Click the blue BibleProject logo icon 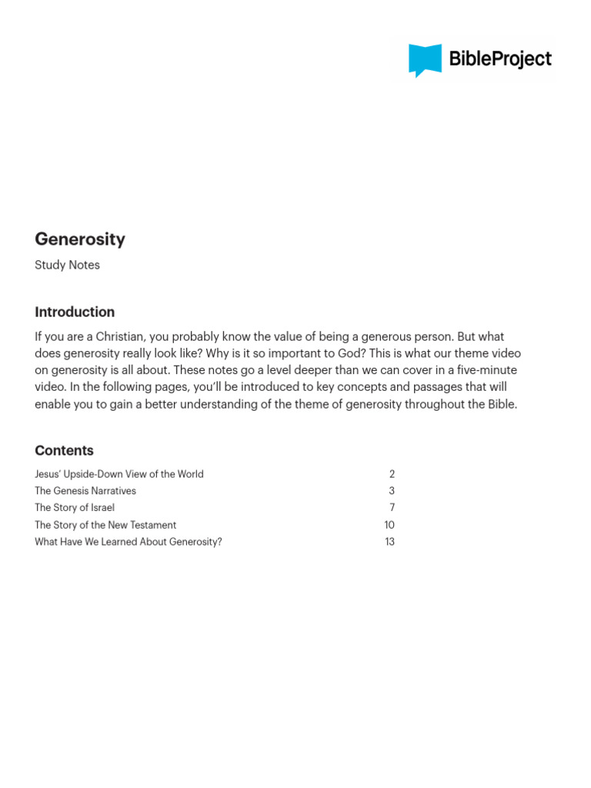[425, 60]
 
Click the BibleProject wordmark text [500, 58]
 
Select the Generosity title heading [80, 239]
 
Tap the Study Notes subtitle [67, 265]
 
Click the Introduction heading [75, 312]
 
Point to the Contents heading [64, 450]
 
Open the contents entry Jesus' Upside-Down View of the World [119, 474]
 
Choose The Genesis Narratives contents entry [85, 491]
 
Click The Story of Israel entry [75, 508]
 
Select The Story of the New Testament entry [105, 525]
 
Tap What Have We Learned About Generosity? [129, 542]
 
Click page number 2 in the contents [392, 474]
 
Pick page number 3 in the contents [392, 491]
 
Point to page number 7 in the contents [392, 508]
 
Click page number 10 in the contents [389, 525]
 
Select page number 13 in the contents [389, 542]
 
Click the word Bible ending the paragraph [500, 404]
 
